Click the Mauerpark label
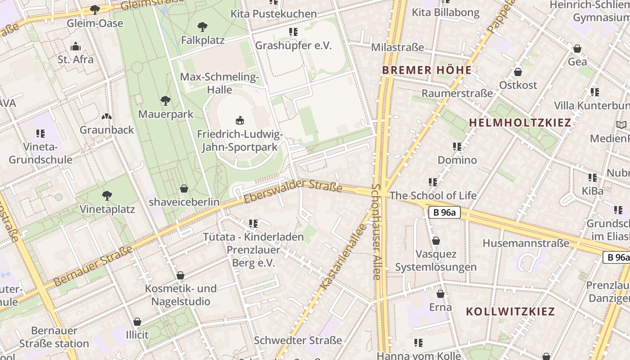click(166, 114)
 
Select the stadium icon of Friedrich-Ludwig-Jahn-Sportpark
click(240, 120)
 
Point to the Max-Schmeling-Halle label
click(220, 83)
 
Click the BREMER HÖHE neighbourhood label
click(427, 70)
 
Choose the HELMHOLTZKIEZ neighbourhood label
click(520, 122)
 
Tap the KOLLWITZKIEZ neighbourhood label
click(510, 311)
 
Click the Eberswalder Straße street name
click(293, 191)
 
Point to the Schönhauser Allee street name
click(377, 231)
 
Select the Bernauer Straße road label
click(94, 266)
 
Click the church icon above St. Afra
click(75, 46)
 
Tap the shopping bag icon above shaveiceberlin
click(184, 188)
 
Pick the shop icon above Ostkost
click(518, 72)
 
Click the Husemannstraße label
click(526, 243)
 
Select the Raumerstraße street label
click(457, 93)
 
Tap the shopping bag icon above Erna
click(440, 294)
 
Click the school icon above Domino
click(457, 147)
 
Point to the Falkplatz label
click(202, 40)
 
